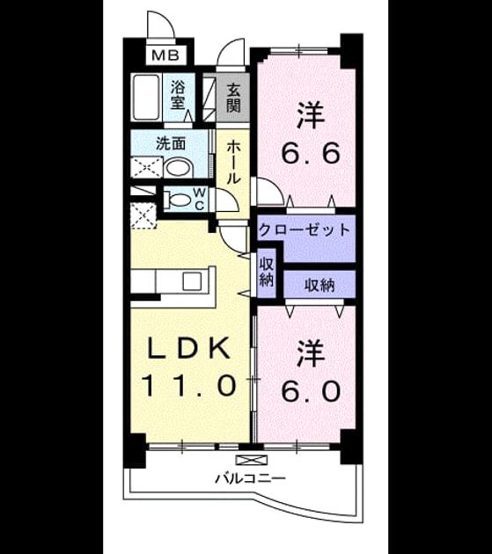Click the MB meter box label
pyautogui.click(x=165, y=55)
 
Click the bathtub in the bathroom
pyautogui.click(x=146, y=97)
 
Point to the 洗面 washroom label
pyautogui.click(x=172, y=143)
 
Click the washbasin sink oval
pyautogui.click(x=178, y=168)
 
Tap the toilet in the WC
pyautogui.click(x=178, y=200)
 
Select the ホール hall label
pyautogui.click(x=232, y=162)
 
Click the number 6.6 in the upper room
pyautogui.click(x=312, y=153)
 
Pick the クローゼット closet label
pyautogui.click(x=305, y=230)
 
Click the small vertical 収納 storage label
pyautogui.click(x=267, y=273)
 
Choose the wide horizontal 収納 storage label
pyautogui.click(x=319, y=286)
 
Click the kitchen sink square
pyautogui.click(x=192, y=281)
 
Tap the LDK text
pyautogui.click(x=188, y=348)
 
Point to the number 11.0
pyautogui.click(x=188, y=385)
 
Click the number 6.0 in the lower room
pyautogui.click(x=312, y=391)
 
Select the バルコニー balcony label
pyautogui.click(x=251, y=479)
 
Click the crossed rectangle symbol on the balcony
pyautogui.click(x=252, y=460)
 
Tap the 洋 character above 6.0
pyautogui.click(x=312, y=354)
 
